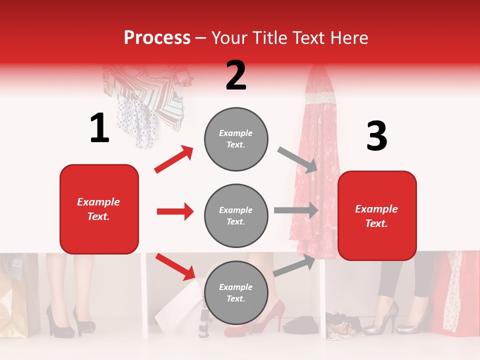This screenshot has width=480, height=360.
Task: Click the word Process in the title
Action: click(157, 37)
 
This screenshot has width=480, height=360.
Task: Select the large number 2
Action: click(236, 75)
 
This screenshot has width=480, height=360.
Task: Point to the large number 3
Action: click(376, 136)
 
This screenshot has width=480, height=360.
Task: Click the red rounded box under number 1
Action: click(99, 209)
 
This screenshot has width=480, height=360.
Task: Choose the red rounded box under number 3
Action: click(377, 216)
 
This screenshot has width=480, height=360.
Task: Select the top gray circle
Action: click(236, 139)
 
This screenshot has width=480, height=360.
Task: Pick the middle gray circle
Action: click(236, 215)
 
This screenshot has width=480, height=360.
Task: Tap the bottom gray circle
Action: click(236, 292)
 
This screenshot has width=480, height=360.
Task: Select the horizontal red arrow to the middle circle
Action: click(175, 211)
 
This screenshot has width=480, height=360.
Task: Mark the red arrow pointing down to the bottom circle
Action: click(175, 266)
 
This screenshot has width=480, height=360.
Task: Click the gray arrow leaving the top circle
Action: click(297, 159)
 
